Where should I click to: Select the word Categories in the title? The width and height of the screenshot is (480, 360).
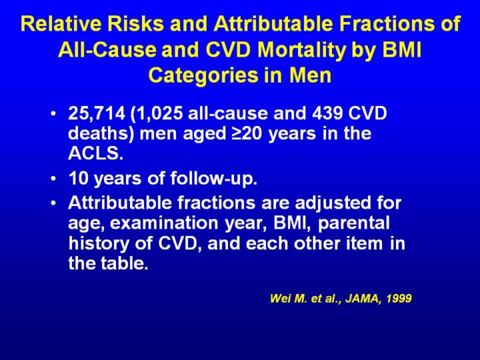[x=203, y=75]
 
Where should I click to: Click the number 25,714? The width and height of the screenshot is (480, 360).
[x=97, y=113]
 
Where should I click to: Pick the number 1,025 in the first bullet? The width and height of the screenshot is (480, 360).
[x=157, y=113]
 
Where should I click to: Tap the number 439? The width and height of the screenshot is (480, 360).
[x=327, y=113]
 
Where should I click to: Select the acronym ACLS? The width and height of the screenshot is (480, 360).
[x=95, y=153]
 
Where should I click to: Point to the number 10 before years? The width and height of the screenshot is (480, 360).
[x=79, y=179]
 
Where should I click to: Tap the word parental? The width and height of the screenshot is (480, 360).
[x=354, y=223]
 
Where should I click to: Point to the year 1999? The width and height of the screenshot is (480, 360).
[x=399, y=298]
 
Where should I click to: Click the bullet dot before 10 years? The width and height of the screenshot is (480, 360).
[x=53, y=179]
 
